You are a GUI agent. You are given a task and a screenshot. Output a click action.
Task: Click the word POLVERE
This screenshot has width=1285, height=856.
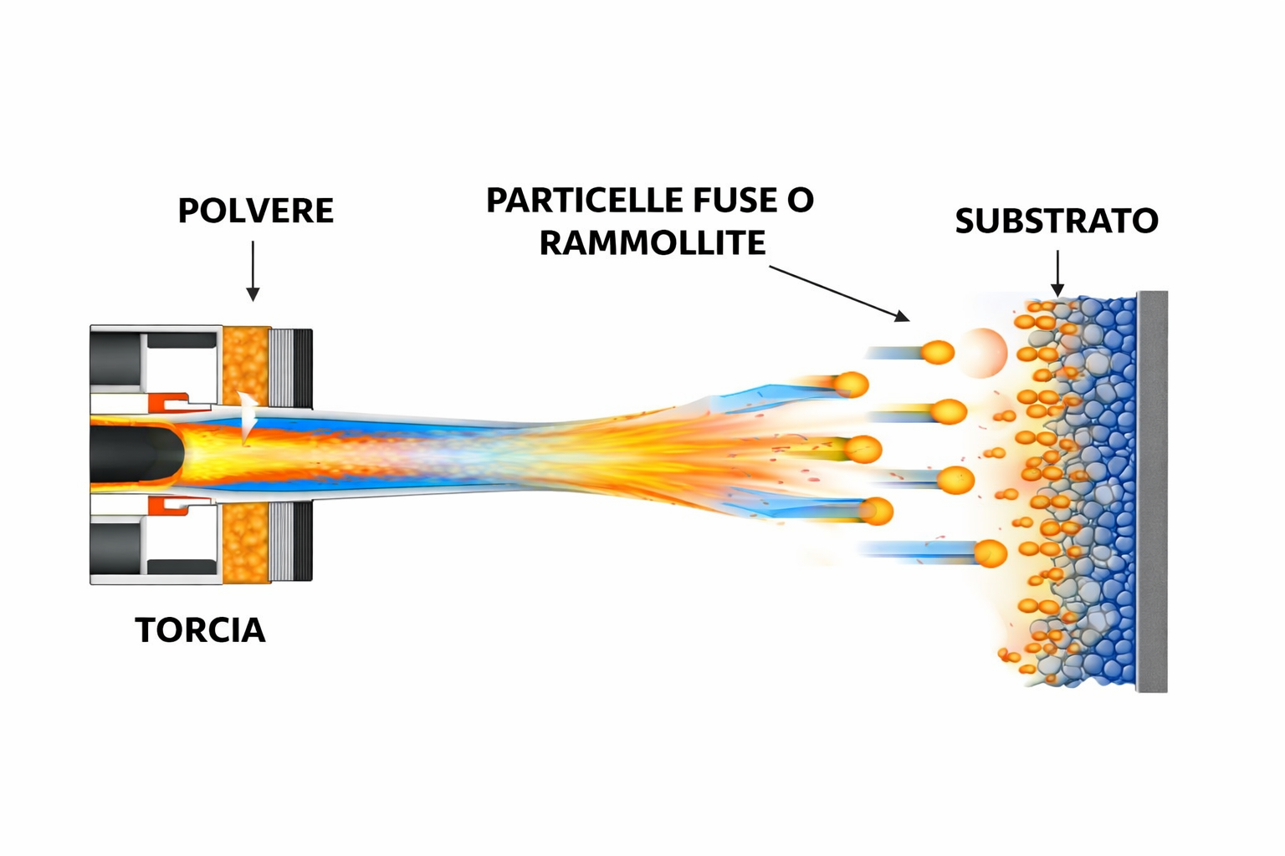[255, 211]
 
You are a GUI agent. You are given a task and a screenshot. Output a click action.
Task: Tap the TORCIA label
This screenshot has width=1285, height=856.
[200, 630]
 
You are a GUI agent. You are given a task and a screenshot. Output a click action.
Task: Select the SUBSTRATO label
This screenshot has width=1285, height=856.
[1057, 221]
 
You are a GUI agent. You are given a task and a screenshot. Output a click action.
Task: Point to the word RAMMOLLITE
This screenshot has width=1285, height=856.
[652, 243]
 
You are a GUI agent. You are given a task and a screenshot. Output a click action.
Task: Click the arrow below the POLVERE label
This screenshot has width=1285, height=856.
[253, 271]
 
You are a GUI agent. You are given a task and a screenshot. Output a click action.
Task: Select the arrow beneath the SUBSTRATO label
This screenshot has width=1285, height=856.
[1057, 273]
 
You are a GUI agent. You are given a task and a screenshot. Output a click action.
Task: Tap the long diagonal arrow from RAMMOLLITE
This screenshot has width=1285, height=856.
[838, 293]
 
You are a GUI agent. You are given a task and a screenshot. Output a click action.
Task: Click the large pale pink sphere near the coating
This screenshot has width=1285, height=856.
[981, 353]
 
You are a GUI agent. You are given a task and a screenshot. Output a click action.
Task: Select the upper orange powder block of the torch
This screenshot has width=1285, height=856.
[246, 364]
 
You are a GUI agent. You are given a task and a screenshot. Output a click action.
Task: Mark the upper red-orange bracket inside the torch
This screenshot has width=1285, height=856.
[172, 401]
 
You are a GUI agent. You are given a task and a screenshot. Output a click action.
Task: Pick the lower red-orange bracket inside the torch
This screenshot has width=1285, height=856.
[172, 505]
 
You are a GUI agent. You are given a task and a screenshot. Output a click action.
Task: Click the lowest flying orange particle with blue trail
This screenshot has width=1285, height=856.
[990, 553]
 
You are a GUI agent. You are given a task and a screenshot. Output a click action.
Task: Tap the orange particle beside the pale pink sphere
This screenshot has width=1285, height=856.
[937, 352]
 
